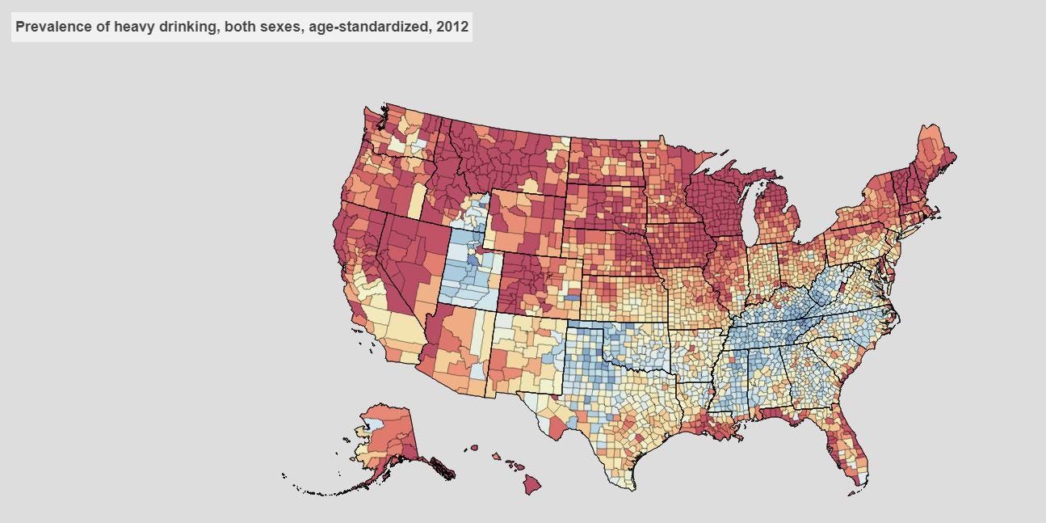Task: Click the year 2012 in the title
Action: (x=452, y=27)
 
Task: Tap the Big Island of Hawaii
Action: (x=531, y=484)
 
